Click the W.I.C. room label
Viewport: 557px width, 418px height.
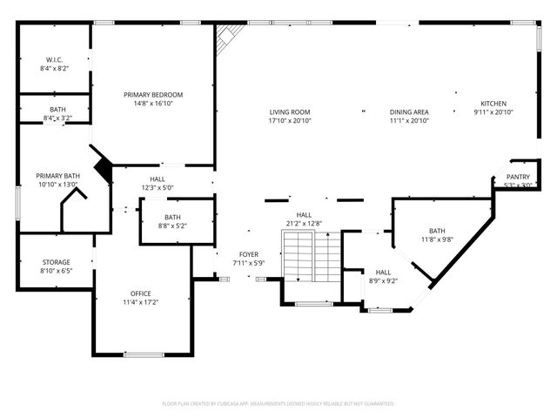pos(54,59)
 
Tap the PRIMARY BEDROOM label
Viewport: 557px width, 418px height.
pos(153,94)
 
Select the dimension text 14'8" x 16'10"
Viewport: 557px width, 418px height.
pos(153,103)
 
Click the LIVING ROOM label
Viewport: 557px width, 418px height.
pos(289,111)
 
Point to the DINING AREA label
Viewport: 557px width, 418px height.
pos(408,111)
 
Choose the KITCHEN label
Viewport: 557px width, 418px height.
pos(493,103)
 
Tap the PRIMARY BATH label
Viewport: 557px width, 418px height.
pos(57,176)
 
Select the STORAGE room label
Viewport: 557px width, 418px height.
pos(57,262)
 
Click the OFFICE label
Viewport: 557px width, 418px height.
pos(141,293)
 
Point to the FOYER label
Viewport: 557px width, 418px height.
pos(250,254)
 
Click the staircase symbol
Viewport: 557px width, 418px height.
pos(312,256)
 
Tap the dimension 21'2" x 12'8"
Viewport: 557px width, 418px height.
pos(304,224)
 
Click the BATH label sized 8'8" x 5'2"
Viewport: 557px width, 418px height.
pos(172,217)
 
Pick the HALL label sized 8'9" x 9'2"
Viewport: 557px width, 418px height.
pos(383,272)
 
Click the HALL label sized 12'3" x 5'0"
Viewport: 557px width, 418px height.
pos(158,179)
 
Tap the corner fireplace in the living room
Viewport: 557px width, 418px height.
pos(229,37)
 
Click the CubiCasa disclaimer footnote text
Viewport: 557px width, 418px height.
pos(278,404)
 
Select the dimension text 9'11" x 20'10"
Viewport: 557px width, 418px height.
pos(493,111)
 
